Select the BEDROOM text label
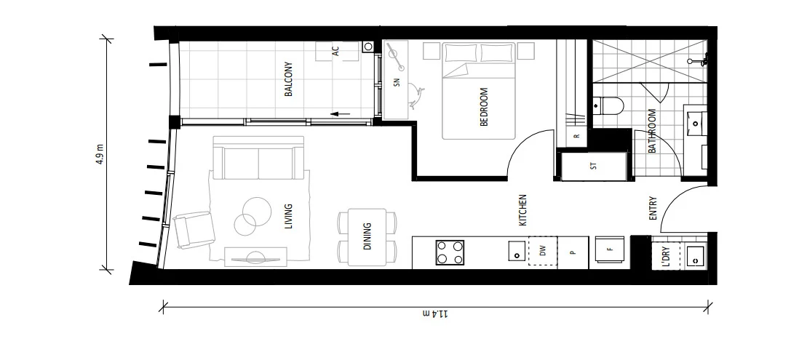pyautogui.click(x=484, y=107)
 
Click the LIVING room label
pyautogui.click(x=289, y=217)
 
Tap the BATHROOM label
pyautogui.click(x=652, y=131)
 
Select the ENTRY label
pyautogui.click(x=653, y=209)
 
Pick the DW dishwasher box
pyautogui.click(x=542, y=251)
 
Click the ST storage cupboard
pyautogui.click(x=593, y=167)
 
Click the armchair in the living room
pyautogui.click(x=194, y=229)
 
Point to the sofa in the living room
pyautogui.click(x=258, y=160)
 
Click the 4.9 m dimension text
pyautogui.click(x=100, y=153)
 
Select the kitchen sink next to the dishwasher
pyautogui.click(x=514, y=252)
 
